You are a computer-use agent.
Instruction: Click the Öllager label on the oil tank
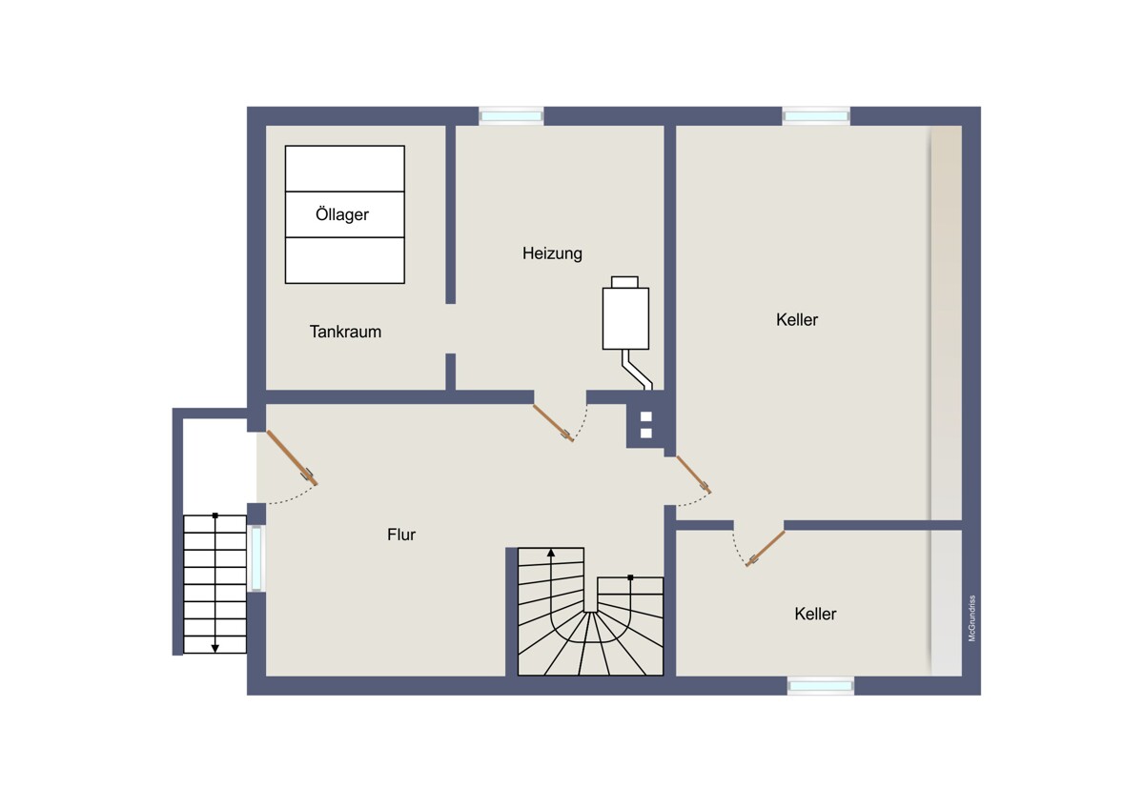tap(342, 214)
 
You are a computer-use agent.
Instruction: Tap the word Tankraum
tap(345, 332)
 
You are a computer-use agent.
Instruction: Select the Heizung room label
tap(552, 253)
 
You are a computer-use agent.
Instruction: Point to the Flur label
tap(401, 535)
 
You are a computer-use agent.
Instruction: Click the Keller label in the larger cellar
tap(797, 319)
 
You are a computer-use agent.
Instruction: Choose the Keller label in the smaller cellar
tap(815, 614)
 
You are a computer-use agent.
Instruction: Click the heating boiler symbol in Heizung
tap(625, 313)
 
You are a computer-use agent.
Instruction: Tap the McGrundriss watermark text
tap(971, 618)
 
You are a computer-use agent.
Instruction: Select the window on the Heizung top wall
tap(511, 116)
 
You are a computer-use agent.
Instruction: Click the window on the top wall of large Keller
tap(816, 116)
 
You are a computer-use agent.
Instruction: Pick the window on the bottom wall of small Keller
tap(820, 685)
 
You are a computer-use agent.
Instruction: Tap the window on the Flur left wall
tap(256, 558)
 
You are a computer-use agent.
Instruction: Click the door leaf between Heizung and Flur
tap(553, 423)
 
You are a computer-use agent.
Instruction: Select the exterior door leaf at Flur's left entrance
tap(292, 458)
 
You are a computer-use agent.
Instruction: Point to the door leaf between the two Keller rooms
tap(765, 549)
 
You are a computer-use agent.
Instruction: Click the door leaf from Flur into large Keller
tap(694, 475)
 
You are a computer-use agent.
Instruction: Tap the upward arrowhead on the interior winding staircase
tap(551, 553)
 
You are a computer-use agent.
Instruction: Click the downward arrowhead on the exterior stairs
tap(215, 648)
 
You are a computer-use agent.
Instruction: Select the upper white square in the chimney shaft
tap(646, 416)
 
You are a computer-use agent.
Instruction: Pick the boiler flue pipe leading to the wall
tap(637, 370)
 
